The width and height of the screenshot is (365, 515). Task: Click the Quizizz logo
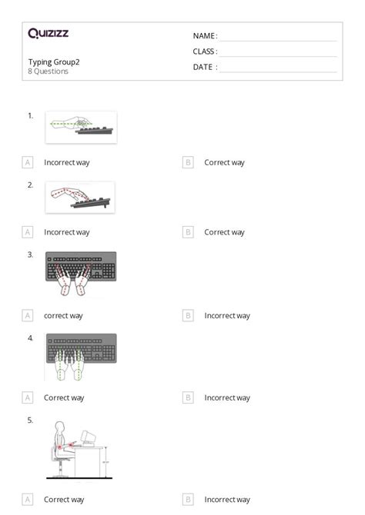49,33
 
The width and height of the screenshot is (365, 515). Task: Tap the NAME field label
205,36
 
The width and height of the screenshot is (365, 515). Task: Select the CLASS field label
205,51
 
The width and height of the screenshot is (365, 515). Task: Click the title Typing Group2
54,61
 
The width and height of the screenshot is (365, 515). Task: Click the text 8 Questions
49,71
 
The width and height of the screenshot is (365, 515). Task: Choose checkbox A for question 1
28,162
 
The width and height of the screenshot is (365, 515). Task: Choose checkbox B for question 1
188,162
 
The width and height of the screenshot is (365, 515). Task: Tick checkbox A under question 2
28,231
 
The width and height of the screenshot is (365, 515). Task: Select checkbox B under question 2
188,231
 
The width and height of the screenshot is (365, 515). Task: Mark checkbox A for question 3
28,315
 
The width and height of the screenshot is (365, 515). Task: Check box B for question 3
188,315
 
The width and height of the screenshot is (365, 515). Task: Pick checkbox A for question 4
28,397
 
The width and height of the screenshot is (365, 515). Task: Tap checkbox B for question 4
188,397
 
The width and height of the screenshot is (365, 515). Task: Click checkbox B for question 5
188,499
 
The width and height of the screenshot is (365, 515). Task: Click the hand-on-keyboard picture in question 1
81,127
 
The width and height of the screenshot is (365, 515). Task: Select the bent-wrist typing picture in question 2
80,198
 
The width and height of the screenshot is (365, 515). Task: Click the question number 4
30,337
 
